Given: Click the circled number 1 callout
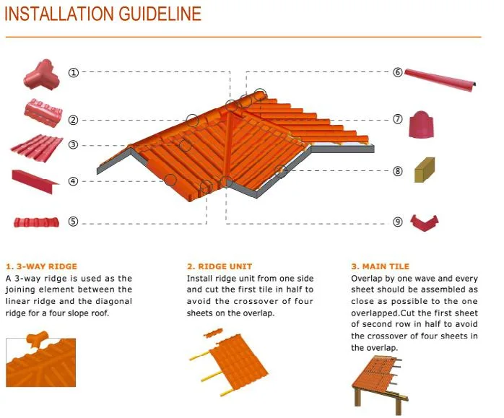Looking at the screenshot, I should tap(73, 72).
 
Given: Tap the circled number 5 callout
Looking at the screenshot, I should tap(73, 222).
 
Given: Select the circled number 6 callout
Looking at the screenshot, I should tap(398, 72).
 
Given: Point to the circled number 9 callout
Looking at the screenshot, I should tap(398, 222).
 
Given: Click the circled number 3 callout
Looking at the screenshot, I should tap(73, 144).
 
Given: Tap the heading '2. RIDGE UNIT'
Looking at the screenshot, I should tap(220, 266).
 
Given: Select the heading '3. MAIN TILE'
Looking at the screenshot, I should tap(380, 266).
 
